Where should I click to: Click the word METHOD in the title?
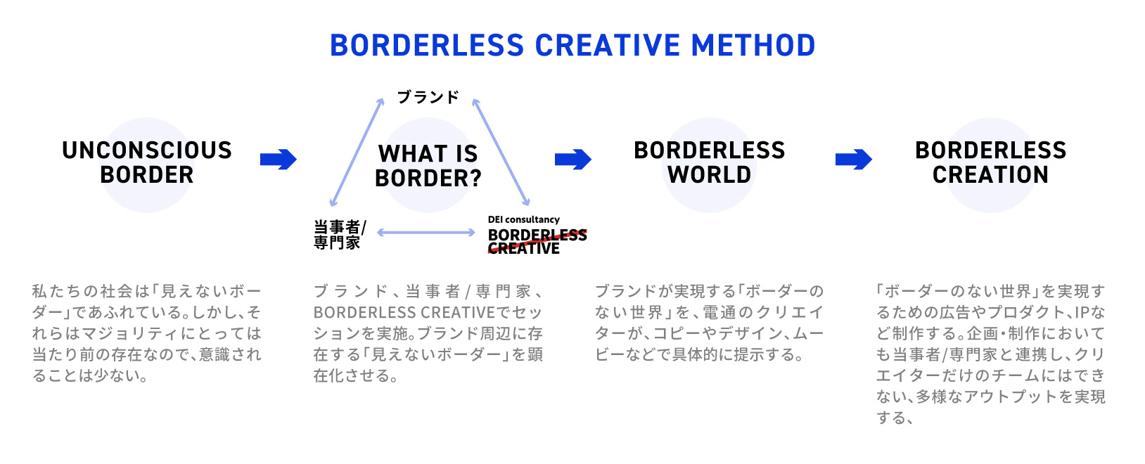click(x=753, y=46)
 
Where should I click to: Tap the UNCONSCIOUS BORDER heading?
click(x=146, y=162)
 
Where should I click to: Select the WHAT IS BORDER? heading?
click(x=428, y=166)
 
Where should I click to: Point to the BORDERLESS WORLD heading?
click(x=709, y=162)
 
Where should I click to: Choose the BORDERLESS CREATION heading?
click(x=990, y=162)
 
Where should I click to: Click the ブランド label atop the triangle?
click(x=428, y=97)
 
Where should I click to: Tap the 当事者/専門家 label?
click(x=339, y=235)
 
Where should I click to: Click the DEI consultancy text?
click(x=523, y=219)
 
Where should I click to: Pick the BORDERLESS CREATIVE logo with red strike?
click(x=536, y=241)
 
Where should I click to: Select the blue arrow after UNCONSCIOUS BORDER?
click(x=279, y=160)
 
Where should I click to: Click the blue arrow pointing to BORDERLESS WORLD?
click(x=573, y=160)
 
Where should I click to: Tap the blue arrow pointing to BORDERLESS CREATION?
click(x=854, y=160)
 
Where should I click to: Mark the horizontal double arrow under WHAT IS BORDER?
click(x=426, y=232)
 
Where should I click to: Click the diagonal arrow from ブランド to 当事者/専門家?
click(x=357, y=152)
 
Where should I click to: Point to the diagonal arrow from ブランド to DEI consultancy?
click(x=501, y=152)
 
